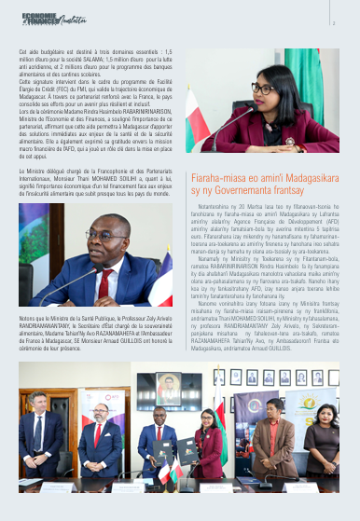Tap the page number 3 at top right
click(x=333, y=24)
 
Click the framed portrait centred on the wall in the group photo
click(x=169, y=383)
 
